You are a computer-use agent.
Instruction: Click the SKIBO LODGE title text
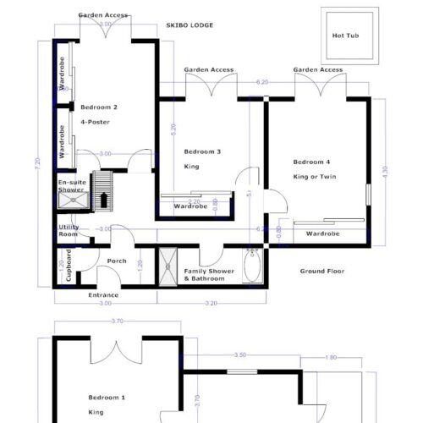(190, 25)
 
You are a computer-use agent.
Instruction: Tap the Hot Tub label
(347, 36)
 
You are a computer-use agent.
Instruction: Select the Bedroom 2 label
(99, 107)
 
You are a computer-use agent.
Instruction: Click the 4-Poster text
(95, 123)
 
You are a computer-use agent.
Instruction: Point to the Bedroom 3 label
(202, 152)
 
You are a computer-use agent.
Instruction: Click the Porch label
(117, 261)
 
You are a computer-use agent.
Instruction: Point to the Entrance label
(103, 294)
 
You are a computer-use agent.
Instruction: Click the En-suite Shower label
(71, 187)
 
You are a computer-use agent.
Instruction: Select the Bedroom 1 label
(107, 398)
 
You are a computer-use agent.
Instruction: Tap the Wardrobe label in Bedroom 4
(322, 233)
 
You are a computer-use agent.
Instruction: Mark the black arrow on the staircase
(103, 199)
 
